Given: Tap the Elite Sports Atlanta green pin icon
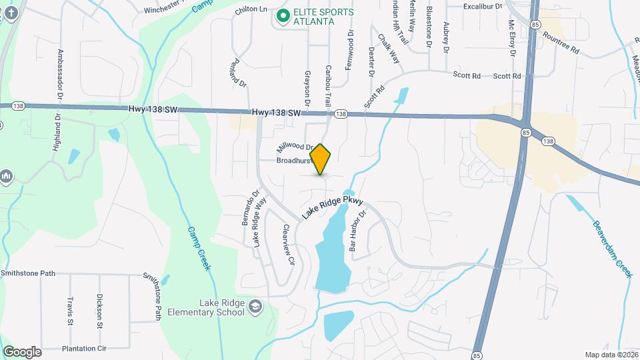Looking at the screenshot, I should point(283,15).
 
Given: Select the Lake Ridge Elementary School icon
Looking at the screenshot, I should point(254,307).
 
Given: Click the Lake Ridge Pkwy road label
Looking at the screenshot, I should point(333,207).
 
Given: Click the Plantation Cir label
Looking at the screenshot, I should point(84,348).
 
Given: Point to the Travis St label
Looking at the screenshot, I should point(69,311).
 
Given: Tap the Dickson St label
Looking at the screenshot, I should point(99,311).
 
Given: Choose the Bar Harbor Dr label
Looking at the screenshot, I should point(358,231).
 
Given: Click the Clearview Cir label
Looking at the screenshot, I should point(288,244).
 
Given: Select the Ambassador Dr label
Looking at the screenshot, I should point(60,74).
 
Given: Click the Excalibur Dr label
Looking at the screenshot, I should point(483,6).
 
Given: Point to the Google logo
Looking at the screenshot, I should point(22,352).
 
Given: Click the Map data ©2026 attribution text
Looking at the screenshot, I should point(611,355).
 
